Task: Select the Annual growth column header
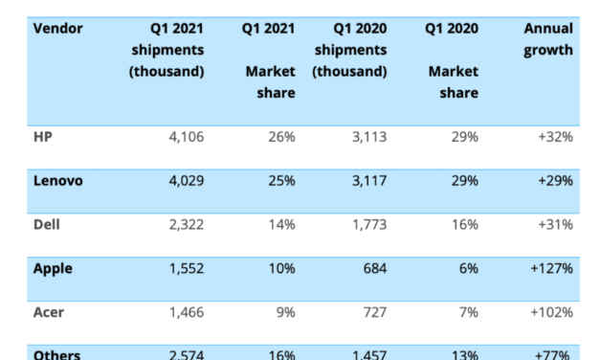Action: [548, 38]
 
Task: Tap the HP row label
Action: [44, 136]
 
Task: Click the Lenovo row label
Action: [58, 180]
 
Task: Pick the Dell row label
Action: [48, 224]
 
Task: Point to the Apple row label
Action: [54, 268]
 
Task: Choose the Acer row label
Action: [50, 312]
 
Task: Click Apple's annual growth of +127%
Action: [550, 269]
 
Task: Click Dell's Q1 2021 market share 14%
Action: [280, 225]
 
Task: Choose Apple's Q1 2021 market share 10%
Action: [280, 269]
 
